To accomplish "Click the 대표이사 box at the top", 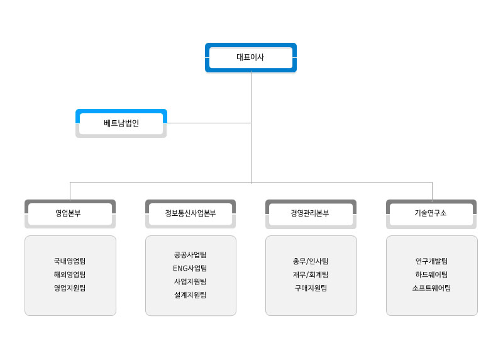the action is pyautogui.click(x=250, y=57).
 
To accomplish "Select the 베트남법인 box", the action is pyautogui.click(x=121, y=123).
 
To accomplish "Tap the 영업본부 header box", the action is pyautogui.click(x=70, y=214).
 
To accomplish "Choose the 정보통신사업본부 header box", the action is pyautogui.click(x=191, y=214).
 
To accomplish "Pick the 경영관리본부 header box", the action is pyautogui.click(x=311, y=214).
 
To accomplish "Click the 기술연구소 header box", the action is pyautogui.click(x=431, y=214).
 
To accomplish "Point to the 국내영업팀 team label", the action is pyautogui.click(x=70, y=261).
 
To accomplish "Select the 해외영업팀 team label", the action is pyautogui.click(x=70, y=274).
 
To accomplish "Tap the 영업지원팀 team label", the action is pyautogui.click(x=70, y=288).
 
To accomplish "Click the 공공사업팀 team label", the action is pyautogui.click(x=191, y=255).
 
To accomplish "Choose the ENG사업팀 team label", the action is pyautogui.click(x=190, y=269).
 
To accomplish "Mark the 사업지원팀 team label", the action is pyautogui.click(x=191, y=281).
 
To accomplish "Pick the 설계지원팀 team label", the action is pyautogui.click(x=191, y=295).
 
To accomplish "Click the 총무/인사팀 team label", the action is pyautogui.click(x=311, y=261).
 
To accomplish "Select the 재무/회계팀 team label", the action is pyautogui.click(x=311, y=274).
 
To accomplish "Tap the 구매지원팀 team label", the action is pyautogui.click(x=311, y=288).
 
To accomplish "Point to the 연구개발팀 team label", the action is pyautogui.click(x=431, y=261).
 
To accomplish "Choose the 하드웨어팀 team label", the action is pyautogui.click(x=431, y=274).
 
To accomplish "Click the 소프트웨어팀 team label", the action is pyautogui.click(x=431, y=288).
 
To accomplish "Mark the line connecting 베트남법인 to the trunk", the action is pyautogui.click(x=209, y=123).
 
